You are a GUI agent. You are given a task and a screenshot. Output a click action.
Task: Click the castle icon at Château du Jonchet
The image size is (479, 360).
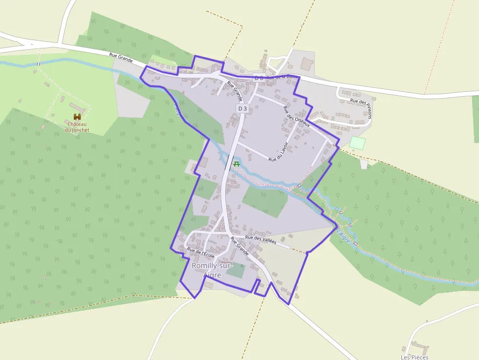pyautogui.click(x=77, y=117)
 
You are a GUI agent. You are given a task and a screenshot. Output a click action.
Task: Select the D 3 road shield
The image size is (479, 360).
pyautogui.click(x=241, y=107)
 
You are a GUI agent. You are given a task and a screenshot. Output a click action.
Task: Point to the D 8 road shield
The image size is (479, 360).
pyautogui.click(x=259, y=78)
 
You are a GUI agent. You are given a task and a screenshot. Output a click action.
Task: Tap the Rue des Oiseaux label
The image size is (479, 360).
pyautogui.click(x=297, y=115)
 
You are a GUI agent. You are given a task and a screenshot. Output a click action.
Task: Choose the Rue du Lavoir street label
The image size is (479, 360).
pyautogui.click(x=283, y=152)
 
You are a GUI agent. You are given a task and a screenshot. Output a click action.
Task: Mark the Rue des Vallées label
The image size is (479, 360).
pyautogui.click(x=261, y=239)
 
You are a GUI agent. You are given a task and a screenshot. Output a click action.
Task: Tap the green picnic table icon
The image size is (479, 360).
pyautogui.click(x=237, y=164)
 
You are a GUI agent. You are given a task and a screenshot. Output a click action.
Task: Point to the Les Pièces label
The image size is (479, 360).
pyautogui.click(x=414, y=357)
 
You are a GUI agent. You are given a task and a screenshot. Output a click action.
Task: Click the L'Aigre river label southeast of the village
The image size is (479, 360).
pyautogui.click(x=344, y=235)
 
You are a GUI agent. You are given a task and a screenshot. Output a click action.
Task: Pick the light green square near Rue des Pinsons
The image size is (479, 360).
pyautogui.click(x=358, y=143)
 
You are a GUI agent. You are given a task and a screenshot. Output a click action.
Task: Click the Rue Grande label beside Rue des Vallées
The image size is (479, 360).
pyautogui.click(x=239, y=247)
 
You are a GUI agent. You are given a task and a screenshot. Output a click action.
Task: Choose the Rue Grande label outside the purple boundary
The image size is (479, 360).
pyautogui.click(x=121, y=59)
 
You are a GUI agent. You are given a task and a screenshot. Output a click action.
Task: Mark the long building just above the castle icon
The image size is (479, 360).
pyautogui.click(x=75, y=106)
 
